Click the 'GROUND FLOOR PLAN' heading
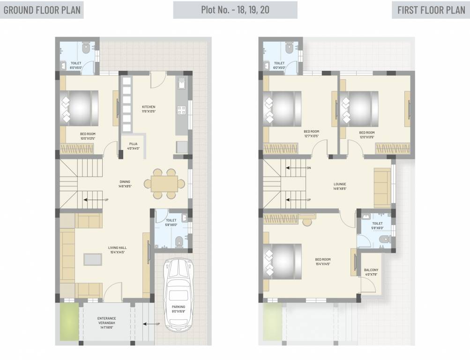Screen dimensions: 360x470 click(x=42, y=10)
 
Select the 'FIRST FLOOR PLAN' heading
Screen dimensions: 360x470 click(x=430, y=10)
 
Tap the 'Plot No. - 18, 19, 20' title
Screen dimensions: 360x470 click(x=235, y=10)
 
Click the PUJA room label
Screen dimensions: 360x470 click(x=134, y=146)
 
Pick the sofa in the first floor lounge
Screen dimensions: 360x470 click(x=382, y=187)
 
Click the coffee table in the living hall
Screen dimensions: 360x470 click(x=92, y=260)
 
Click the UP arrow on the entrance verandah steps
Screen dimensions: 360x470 click(x=150, y=323)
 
